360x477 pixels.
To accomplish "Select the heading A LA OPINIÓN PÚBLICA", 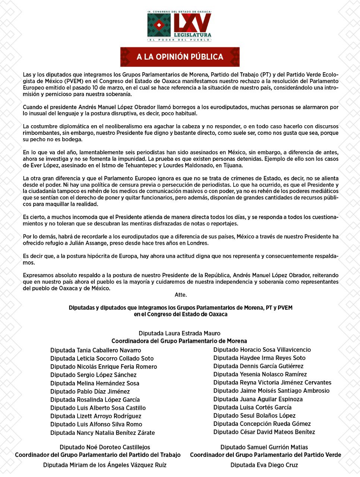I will (180, 57).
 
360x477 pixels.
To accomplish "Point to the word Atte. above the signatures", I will (181, 295).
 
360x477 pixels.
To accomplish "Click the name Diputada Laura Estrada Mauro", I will (179, 333).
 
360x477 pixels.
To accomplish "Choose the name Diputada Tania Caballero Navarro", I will (95, 350).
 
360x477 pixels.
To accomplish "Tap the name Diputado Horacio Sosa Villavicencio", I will (262, 350).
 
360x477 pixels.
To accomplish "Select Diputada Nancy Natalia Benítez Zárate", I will (102, 433).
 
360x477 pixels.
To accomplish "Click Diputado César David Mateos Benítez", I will (264, 432).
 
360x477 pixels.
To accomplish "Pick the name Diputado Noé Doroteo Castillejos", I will (105, 447).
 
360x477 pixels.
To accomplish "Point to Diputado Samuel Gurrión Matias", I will (264, 447).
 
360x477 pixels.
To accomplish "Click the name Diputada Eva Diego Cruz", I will (264, 465).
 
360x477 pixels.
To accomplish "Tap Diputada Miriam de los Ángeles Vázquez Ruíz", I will (105, 465).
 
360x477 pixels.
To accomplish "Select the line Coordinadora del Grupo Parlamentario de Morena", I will (179, 341).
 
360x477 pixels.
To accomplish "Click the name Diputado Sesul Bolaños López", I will (254, 416).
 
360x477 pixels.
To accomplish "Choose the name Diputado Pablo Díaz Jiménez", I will (90, 391).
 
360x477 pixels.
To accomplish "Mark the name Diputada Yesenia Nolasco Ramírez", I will (260, 374).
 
